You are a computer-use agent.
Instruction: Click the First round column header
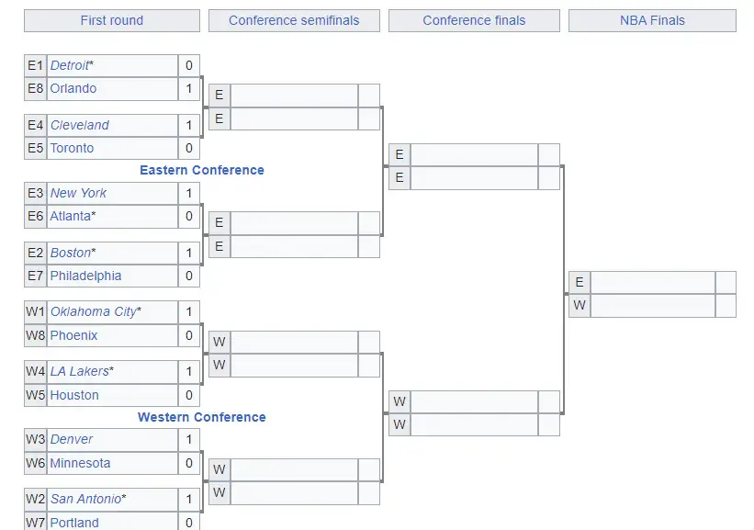(x=111, y=21)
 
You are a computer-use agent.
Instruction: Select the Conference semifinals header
(x=294, y=21)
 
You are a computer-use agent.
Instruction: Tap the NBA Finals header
(x=652, y=21)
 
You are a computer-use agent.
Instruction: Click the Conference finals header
(x=474, y=21)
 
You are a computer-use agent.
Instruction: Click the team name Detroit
(x=70, y=65)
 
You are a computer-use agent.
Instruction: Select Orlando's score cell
(x=189, y=89)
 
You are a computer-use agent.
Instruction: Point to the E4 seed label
(x=36, y=125)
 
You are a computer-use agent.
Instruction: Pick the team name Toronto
(x=73, y=148)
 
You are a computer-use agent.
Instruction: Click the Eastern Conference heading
(x=202, y=170)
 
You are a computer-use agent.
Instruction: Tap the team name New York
(x=78, y=193)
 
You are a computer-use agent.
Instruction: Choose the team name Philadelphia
(x=85, y=276)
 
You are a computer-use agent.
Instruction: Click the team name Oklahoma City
(x=94, y=312)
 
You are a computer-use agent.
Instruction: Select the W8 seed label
(x=36, y=335)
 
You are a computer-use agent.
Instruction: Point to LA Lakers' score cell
(x=189, y=372)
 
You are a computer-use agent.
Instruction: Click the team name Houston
(x=74, y=395)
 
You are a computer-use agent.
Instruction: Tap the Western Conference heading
(x=202, y=417)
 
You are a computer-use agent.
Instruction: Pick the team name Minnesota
(x=80, y=463)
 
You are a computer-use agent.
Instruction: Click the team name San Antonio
(x=86, y=499)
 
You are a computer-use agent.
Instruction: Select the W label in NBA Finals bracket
(x=580, y=305)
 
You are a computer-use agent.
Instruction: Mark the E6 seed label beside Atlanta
(x=36, y=217)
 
